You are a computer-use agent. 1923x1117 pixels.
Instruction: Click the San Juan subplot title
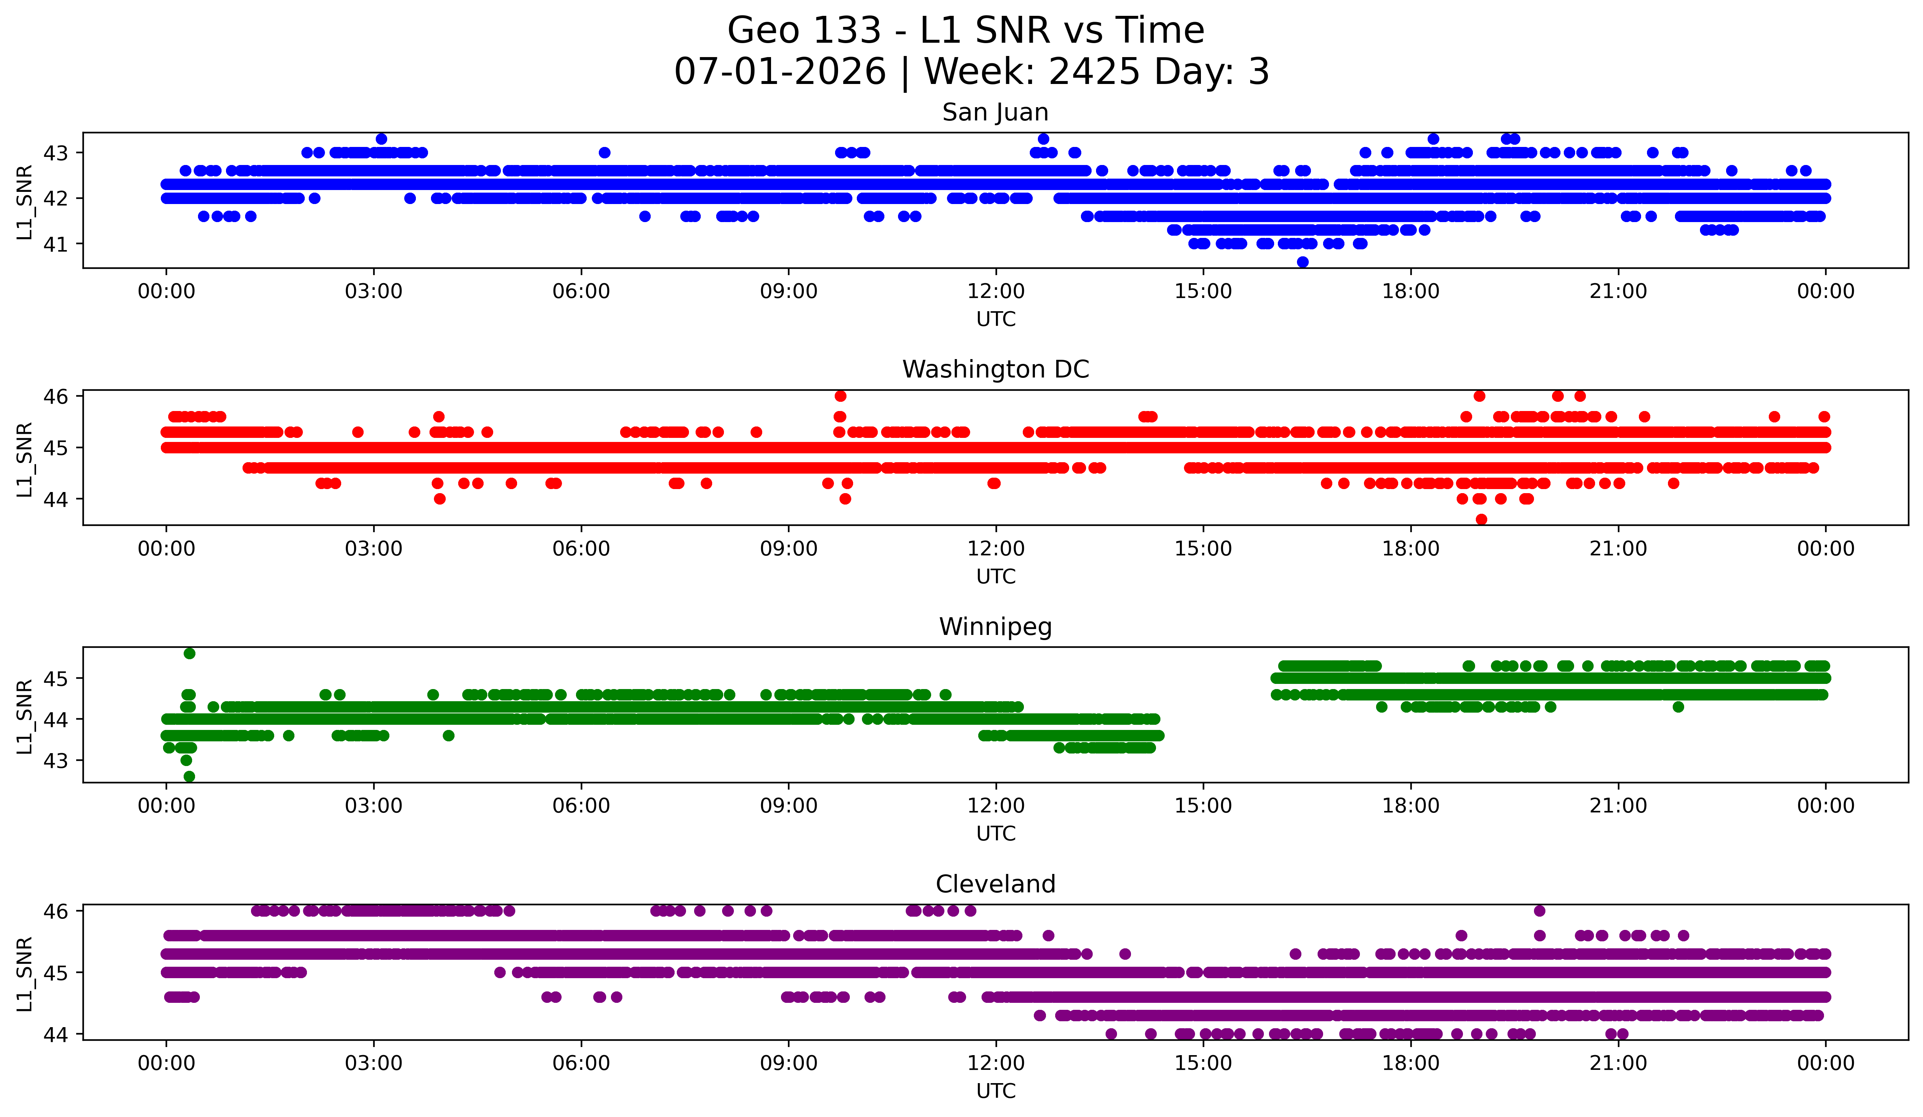[995, 112]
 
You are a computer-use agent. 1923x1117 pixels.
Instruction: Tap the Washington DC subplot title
[995, 369]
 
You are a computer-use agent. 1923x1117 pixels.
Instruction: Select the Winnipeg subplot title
[995, 627]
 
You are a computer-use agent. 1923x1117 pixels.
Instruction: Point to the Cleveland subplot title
[995, 884]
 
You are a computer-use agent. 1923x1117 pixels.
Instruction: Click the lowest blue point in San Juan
[1302, 262]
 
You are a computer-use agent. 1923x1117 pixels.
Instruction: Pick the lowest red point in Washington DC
[1481, 519]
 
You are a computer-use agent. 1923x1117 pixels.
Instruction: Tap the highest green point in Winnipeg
[189, 654]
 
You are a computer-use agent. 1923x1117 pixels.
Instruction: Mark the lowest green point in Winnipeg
[189, 776]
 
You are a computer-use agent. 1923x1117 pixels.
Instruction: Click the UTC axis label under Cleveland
[996, 1091]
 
